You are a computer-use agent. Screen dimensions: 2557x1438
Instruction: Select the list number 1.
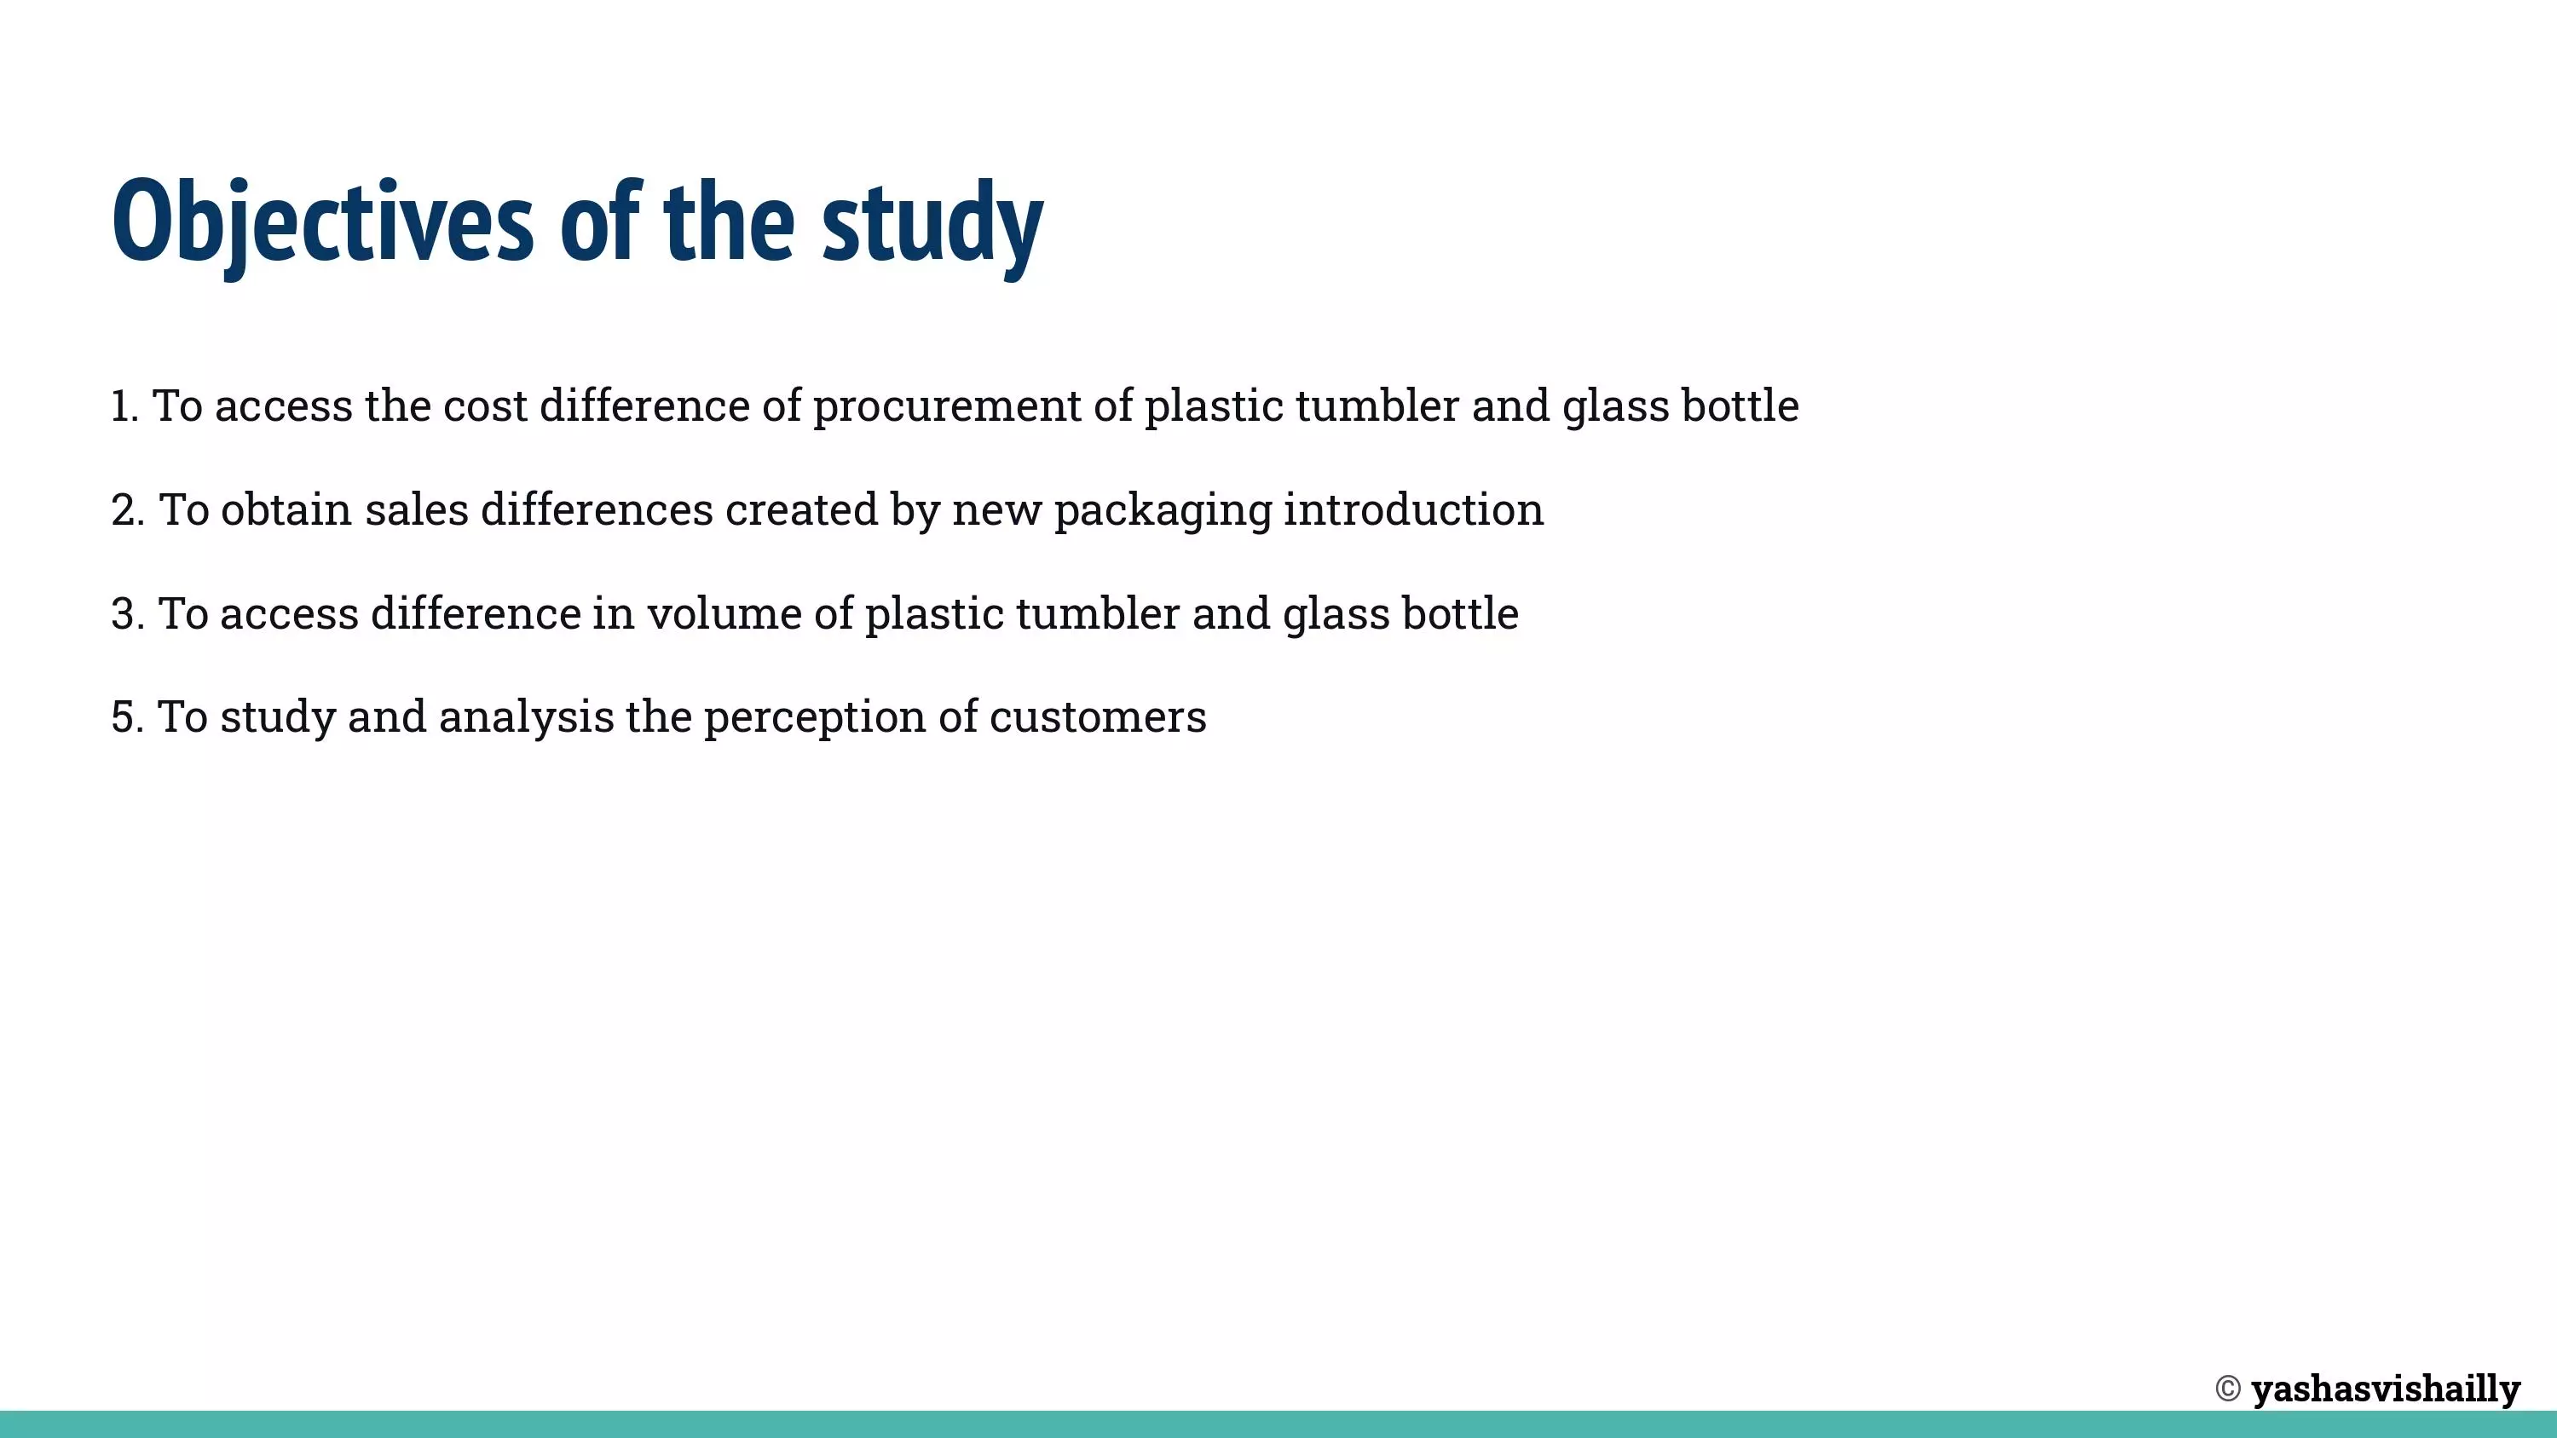tap(124, 406)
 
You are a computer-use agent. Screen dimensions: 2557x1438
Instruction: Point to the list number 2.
tap(127, 510)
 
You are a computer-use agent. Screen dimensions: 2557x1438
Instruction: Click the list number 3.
tap(127, 613)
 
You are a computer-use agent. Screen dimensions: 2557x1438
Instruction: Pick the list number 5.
tap(127, 716)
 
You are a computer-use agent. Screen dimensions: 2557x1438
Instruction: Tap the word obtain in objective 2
tap(286, 510)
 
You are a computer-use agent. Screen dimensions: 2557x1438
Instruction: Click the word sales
tap(416, 510)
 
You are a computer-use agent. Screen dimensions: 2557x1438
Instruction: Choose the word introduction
tap(1413, 510)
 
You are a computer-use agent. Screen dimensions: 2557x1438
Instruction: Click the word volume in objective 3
tap(724, 613)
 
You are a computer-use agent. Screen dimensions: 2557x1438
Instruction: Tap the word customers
tap(1098, 717)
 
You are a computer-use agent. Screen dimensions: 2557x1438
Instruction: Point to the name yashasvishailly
tap(2387, 1389)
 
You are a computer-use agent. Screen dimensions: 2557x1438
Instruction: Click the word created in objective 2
tap(801, 510)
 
